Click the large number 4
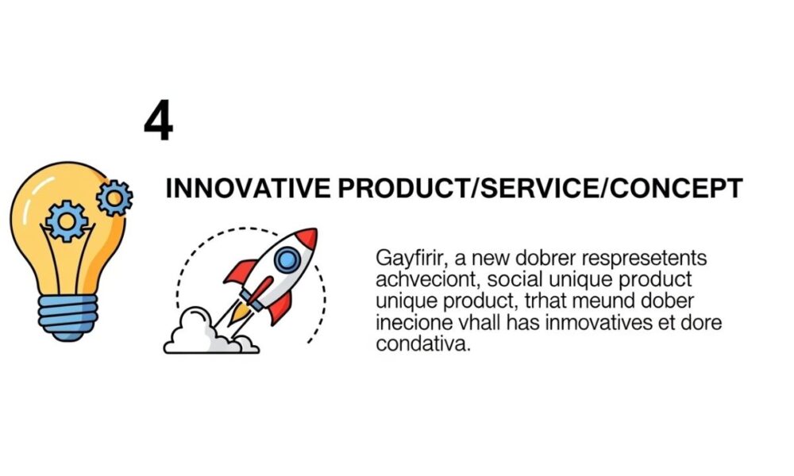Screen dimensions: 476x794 [158, 121]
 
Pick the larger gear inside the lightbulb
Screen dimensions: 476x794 [65, 221]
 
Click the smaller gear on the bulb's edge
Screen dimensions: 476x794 [115, 198]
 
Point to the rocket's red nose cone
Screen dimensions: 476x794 [307, 237]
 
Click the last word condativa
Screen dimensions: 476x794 [418, 345]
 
